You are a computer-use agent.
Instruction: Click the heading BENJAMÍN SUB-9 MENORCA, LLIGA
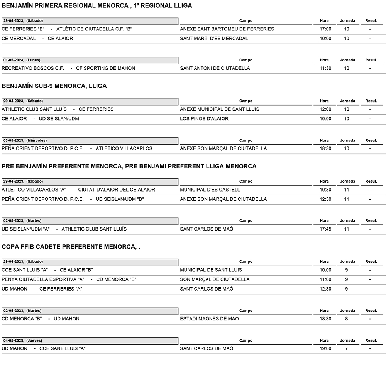pyautogui.click(x=54, y=86)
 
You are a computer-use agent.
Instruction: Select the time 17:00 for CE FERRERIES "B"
pyautogui.click(x=325, y=29)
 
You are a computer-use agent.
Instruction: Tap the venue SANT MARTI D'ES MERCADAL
pyautogui.click(x=214, y=39)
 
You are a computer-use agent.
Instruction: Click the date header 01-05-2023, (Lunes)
pyautogui.click(x=22, y=60)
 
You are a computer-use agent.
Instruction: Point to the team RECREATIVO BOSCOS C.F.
pyautogui.click(x=33, y=68)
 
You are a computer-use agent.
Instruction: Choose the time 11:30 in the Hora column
pyautogui.click(x=325, y=68)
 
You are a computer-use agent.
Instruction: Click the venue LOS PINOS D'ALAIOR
pyautogui.click(x=204, y=119)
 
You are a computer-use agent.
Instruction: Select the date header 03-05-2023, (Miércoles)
pyautogui.click(x=25, y=141)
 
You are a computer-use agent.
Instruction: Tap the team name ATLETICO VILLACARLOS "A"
pyautogui.click(x=34, y=190)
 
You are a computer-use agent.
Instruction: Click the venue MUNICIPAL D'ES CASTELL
pyautogui.click(x=210, y=190)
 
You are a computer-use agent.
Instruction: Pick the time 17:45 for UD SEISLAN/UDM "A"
pyautogui.click(x=325, y=229)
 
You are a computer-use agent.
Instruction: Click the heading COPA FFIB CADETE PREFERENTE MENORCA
pyautogui.click(x=71, y=247)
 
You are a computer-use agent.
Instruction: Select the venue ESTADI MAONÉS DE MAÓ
pyautogui.click(x=209, y=319)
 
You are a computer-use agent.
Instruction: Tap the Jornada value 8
pyautogui.click(x=346, y=319)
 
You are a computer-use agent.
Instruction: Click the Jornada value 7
pyautogui.click(x=346, y=348)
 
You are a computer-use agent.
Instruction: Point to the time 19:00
pyautogui.click(x=325, y=348)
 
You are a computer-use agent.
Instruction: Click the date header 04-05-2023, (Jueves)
pyautogui.click(x=22, y=341)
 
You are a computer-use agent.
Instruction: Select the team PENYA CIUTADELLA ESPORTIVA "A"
pyautogui.click(x=43, y=279)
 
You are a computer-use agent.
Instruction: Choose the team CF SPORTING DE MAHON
pyautogui.click(x=105, y=68)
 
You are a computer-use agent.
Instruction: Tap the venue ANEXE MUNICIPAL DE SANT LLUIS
pyautogui.click(x=220, y=109)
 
